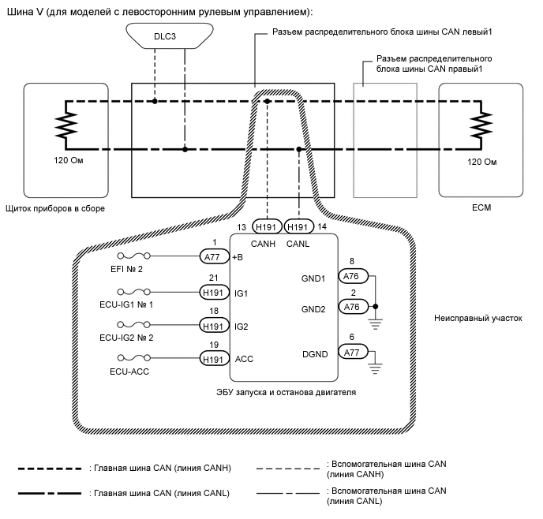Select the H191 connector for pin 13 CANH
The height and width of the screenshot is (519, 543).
point(266,226)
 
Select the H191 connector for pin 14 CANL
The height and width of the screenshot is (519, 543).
point(298,226)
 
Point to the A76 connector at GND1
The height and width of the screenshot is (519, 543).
point(352,275)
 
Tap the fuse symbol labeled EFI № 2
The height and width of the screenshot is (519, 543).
point(133,257)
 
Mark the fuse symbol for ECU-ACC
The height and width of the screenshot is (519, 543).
point(133,359)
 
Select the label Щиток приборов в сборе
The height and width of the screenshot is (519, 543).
point(54,208)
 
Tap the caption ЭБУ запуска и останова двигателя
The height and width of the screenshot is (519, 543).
point(282,392)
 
